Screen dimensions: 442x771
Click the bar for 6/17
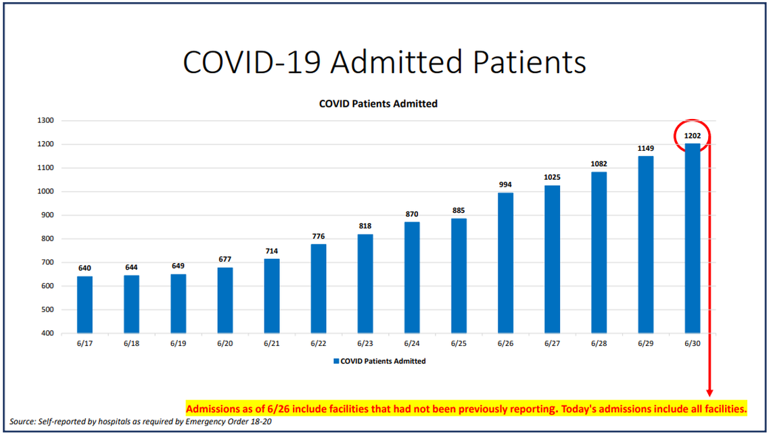pos(85,304)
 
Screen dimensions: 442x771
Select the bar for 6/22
pos(318,288)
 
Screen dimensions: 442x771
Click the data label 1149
pos(646,148)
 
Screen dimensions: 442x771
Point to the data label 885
pos(459,210)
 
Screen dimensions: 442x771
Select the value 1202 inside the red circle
pos(692,136)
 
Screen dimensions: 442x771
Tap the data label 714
pos(271,251)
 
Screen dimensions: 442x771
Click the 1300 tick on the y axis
pos(47,121)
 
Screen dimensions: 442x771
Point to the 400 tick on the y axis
pos(48,333)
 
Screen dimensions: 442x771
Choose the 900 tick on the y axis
pos(48,215)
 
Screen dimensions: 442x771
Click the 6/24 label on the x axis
pos(412,344)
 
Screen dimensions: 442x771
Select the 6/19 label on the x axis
pos(178,344)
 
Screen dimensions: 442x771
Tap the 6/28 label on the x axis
pos(599,344)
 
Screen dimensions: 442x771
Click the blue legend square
pos(336,362)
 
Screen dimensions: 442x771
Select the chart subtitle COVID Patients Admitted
pos(378,104)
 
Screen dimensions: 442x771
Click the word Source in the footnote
pos(22,422)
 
